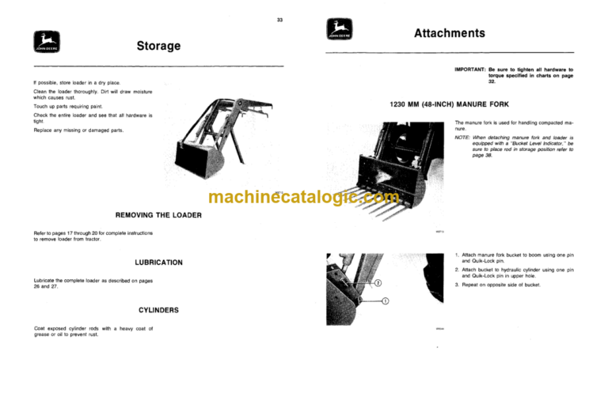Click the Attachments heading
[x=449, y=34]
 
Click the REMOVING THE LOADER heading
[x=147, y=215]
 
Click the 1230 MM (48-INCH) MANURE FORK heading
[x=449, y=104]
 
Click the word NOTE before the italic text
[x=463, y=135]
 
